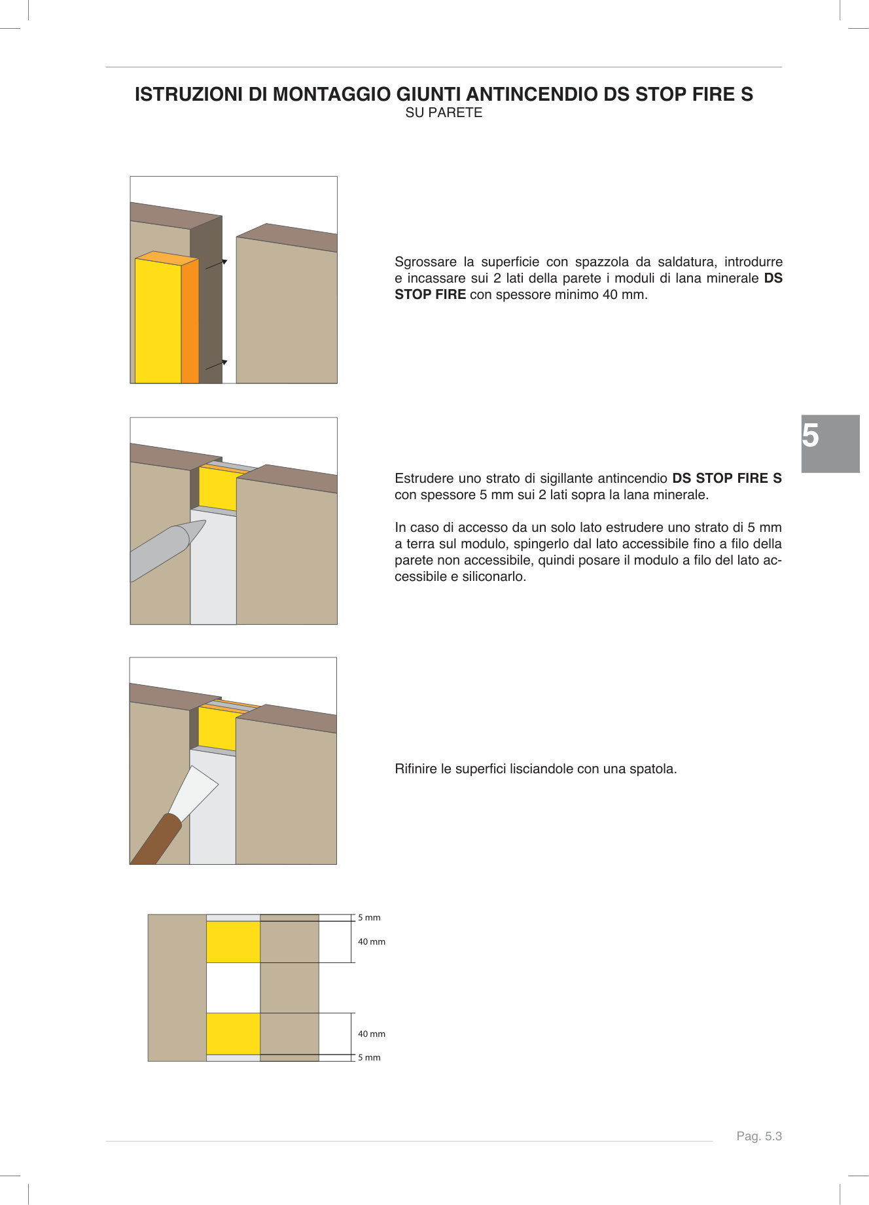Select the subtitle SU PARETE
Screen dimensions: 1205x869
[x=444, y=113]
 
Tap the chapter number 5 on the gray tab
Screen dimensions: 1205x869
[x=811, y=436]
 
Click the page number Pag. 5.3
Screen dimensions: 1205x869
[x=759, y=1136]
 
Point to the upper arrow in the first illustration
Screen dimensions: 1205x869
[x=217, y=264]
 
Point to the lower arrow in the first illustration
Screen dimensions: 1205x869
[x=217, y=364]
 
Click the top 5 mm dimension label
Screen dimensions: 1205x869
[x=369, y=918]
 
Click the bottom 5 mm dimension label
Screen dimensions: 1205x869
[x=369, y=1058]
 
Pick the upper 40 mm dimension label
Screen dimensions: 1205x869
[x=372, y=942]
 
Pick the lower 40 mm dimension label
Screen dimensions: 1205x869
[x=372, y=1034]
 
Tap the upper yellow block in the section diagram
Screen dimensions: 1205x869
[x=233, y=942]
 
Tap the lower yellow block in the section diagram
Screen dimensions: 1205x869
[x=233, y=1034]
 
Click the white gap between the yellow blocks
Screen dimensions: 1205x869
[x=233, y=988]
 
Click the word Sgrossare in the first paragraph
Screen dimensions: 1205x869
[x=425, y=262]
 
